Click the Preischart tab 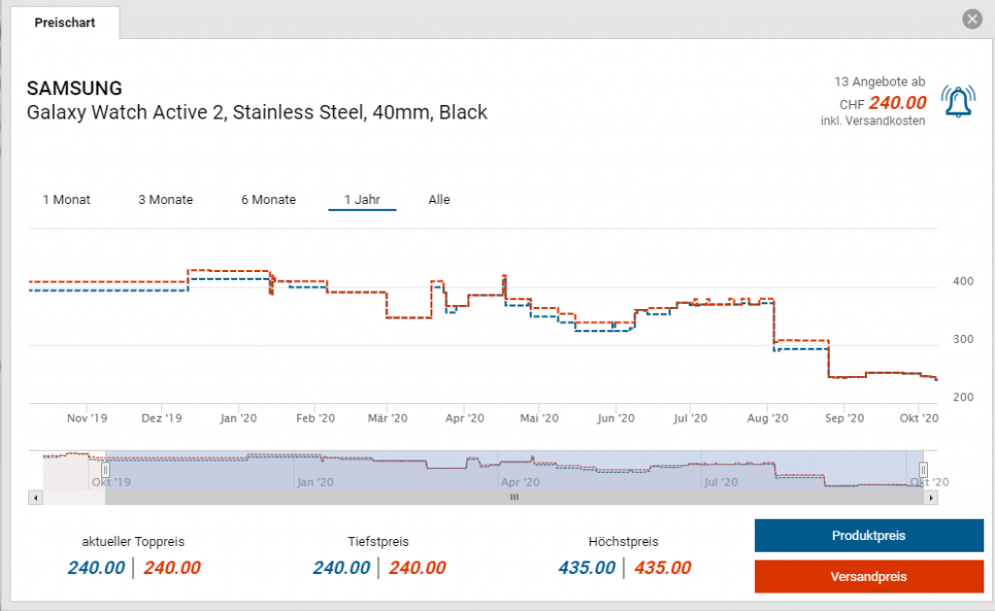tap(64, 22)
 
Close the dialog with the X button tap(971, 19)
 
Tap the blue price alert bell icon tap(958, 101)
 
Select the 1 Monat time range tap(66, 200)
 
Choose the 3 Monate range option tap(165, 200)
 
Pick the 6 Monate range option tap(268, 200)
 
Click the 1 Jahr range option tap(361, 200)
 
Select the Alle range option tap(439, 200)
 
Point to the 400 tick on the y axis tap(963, 282)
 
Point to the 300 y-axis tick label tap(963, 340)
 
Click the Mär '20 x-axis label tap(387, 419)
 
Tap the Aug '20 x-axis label tap(768, 419)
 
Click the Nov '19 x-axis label tap(86, 419)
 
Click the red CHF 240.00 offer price tap(897, 103)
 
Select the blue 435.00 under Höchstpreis tap(586, 568)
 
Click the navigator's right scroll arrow tap(932, 497)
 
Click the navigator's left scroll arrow tap(36, 497)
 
